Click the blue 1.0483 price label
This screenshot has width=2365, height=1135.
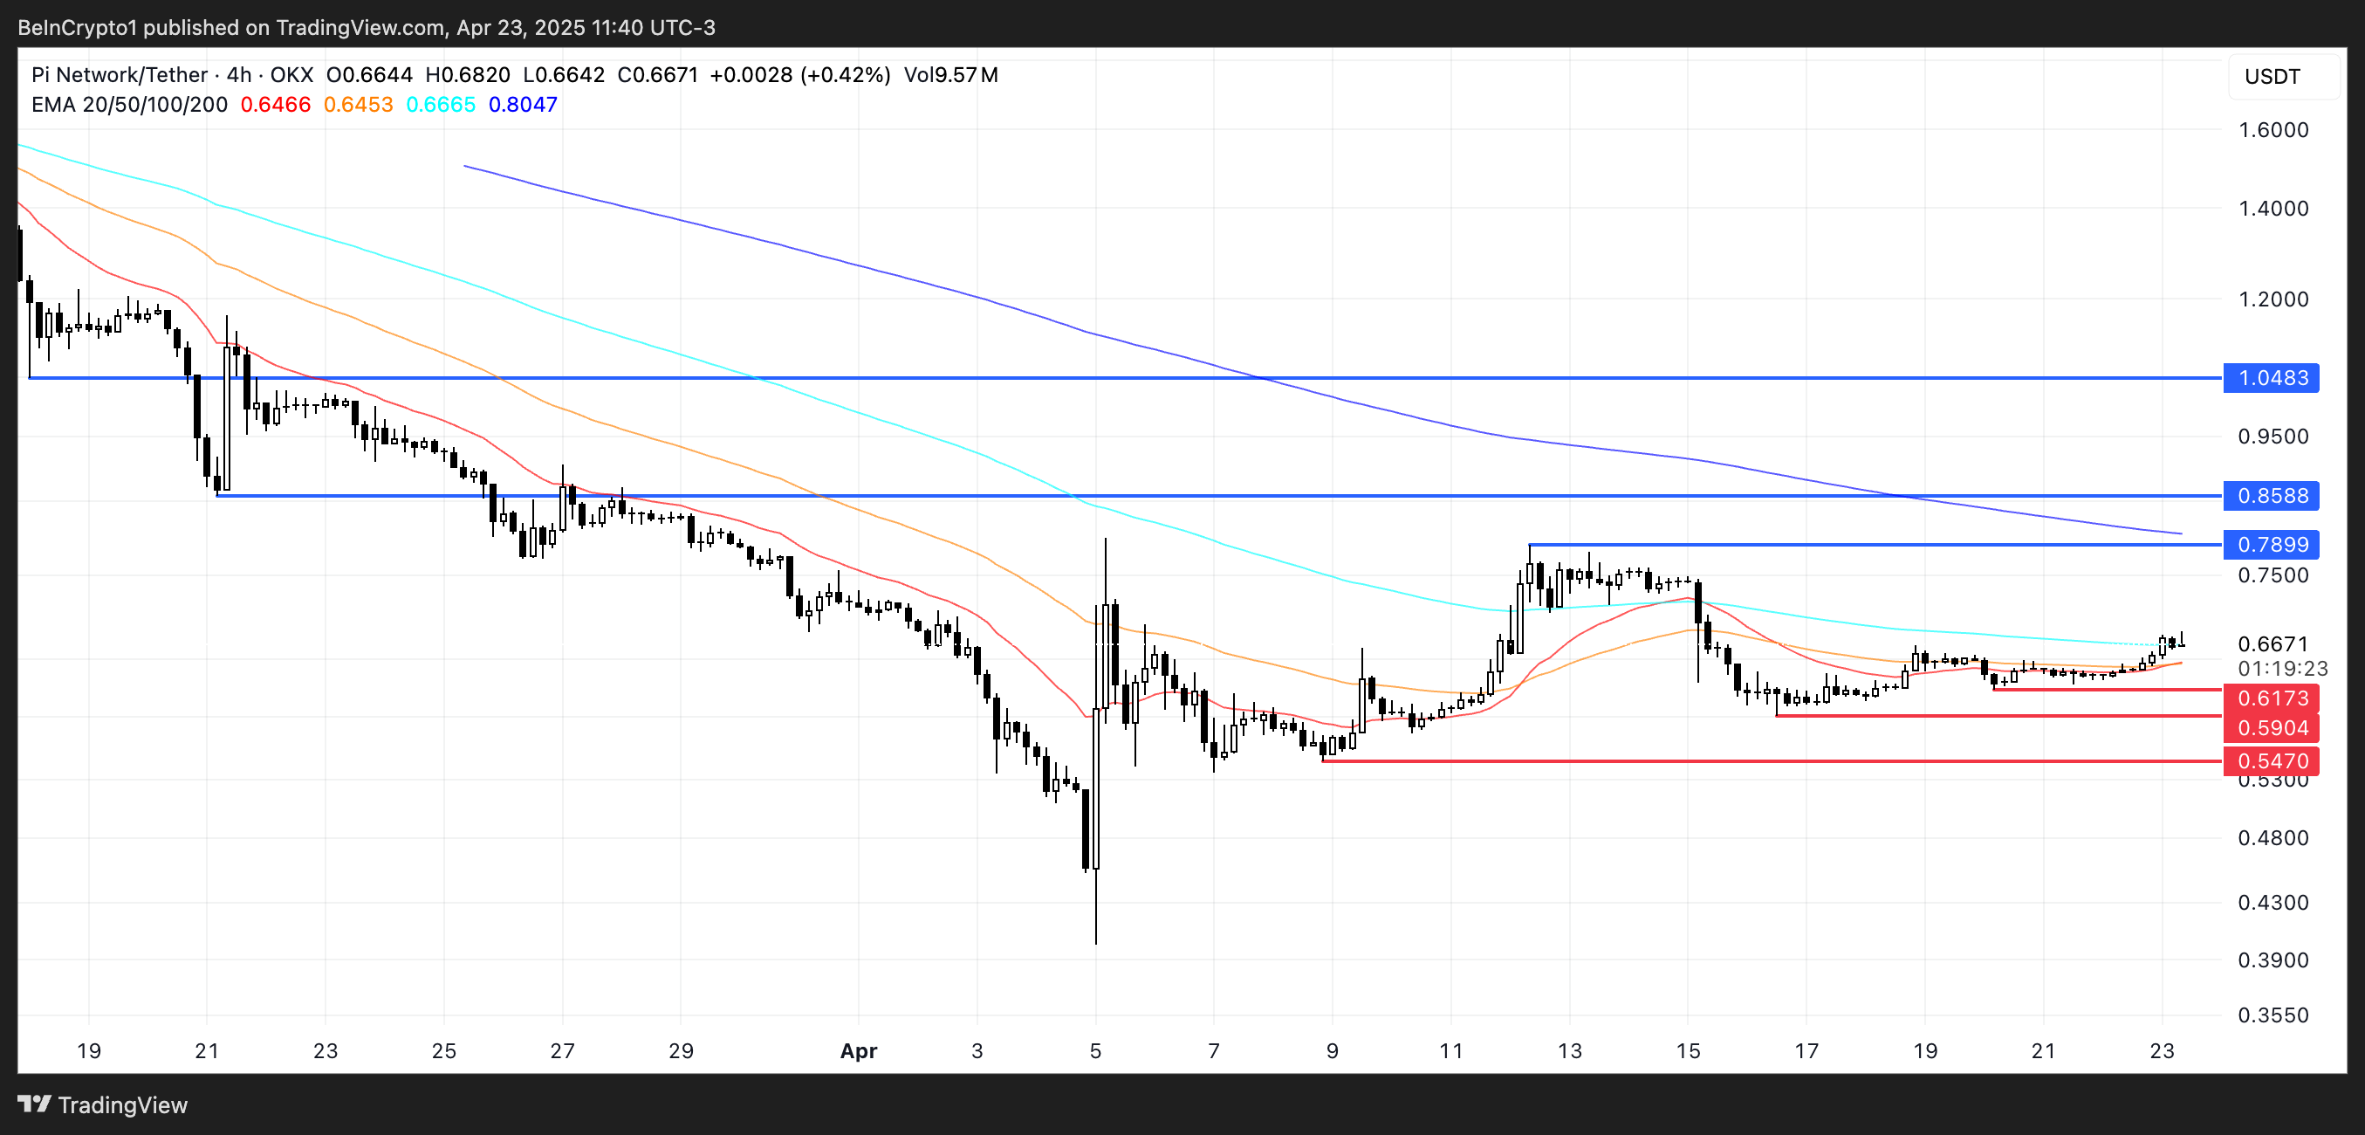[x=2271, y=377]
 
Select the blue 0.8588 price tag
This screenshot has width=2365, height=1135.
[x=2271, y=496]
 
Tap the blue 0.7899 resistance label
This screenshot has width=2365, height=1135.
[x=2271, y=545]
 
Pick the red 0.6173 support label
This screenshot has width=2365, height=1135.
[x=2271, y=698]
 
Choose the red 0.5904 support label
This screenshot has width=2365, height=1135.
[x=2271, y=727]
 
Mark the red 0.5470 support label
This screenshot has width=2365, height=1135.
[x=2271, y=760]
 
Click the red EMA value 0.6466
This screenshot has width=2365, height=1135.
[x=276, y=105]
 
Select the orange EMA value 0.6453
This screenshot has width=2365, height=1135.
[x=358, y=105]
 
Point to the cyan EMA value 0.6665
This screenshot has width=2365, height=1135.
[x=441, y=105]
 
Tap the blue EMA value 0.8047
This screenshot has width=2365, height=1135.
[x=523, y=105]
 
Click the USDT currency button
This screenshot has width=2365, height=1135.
[x=2272, y=76]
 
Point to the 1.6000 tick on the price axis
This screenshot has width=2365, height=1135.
[x=2272, y=129]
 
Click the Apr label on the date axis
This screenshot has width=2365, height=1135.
[x=859, y=1050]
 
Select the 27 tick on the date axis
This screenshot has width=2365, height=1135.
[x=562, y=1050]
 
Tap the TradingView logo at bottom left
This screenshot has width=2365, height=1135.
[x=103, y=1104]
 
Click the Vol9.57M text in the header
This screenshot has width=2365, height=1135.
[x=950, y=75]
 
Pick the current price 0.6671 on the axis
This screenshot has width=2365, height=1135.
[x=2272, y=643]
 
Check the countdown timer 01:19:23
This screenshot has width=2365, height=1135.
[x=2281, y=669]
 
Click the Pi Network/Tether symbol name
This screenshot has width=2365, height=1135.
[x=120, y=75]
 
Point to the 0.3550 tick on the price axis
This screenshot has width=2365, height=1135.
[x=2272, y=1015]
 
